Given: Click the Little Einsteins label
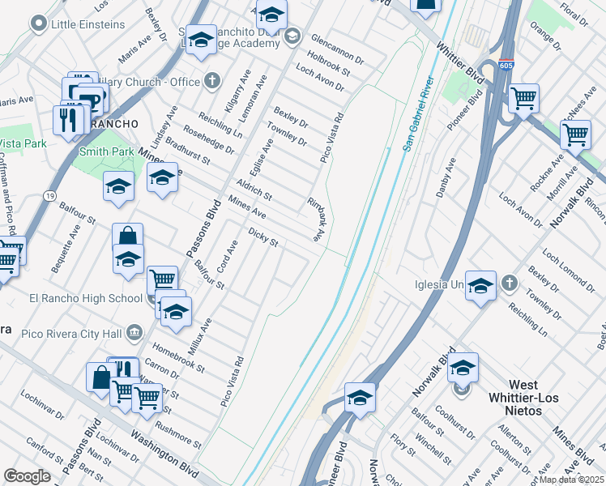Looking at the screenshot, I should pos(87,24).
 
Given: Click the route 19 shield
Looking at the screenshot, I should pos(50,195).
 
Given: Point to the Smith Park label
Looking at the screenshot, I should pos(106,151).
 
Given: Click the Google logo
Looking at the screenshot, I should pos(28,476).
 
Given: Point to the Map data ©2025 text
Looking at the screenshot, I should pos(570,480).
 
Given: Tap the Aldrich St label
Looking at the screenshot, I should pos(254,190).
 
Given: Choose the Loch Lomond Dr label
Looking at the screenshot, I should pos(567,268).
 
